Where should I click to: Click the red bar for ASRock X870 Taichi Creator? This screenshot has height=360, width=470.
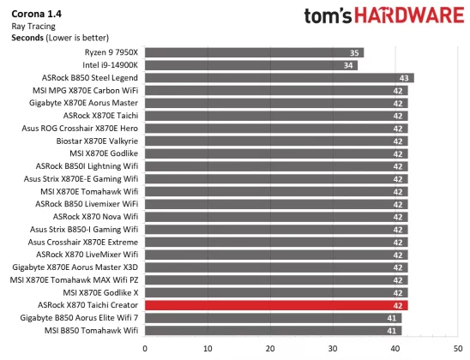click(276, 305)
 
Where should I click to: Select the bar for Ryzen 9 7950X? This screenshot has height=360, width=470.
click(254, 52)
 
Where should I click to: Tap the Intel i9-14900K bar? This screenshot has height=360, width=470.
click(250, 65)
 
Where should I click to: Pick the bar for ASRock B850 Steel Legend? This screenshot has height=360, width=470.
click(279, 77)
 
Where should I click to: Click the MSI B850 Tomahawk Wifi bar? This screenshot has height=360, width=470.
click(273, 330)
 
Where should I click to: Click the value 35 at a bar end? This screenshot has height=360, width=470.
click(355, 52)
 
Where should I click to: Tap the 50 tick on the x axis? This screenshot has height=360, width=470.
click(458, 347)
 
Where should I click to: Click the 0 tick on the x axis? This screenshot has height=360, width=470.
click(145, 347)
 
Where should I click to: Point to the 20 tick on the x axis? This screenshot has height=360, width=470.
click(270, 347)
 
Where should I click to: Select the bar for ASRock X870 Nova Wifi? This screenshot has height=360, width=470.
click(276, 216)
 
